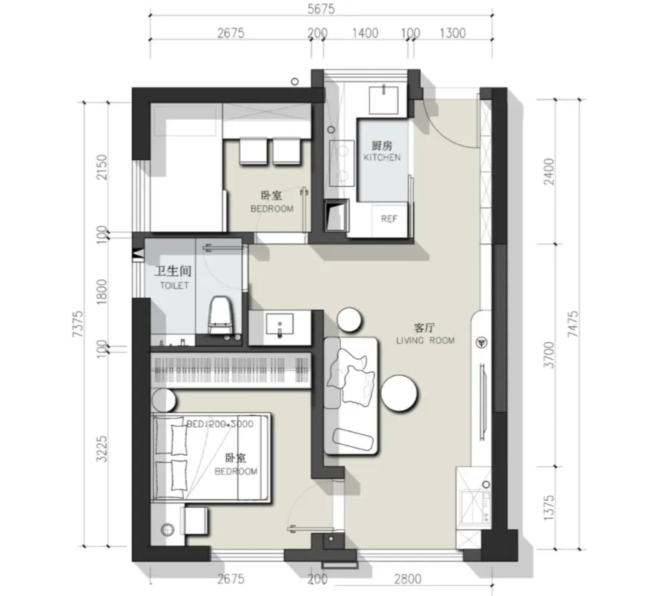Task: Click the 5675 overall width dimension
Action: tap(321, 9)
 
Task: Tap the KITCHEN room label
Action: tap(382, 158)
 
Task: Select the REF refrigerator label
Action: tap(388, 219)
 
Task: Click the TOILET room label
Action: tap(174, 285)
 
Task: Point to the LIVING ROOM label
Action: tap(426, 340)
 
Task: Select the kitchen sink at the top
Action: tap(383, 99)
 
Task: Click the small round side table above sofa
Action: tap(349, 319)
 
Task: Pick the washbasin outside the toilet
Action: tap(279, 325)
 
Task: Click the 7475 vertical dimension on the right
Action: tap(572, 324)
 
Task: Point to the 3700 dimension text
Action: tap(549, 355)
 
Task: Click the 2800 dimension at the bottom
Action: tap(408, 579)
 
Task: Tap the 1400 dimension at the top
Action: tap(365, 33)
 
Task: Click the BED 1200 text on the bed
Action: tap(220, 424)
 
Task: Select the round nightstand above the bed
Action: tap(164, 400)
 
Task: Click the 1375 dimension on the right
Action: tap(549, 508)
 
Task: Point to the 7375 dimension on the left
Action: tap(78, 324)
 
